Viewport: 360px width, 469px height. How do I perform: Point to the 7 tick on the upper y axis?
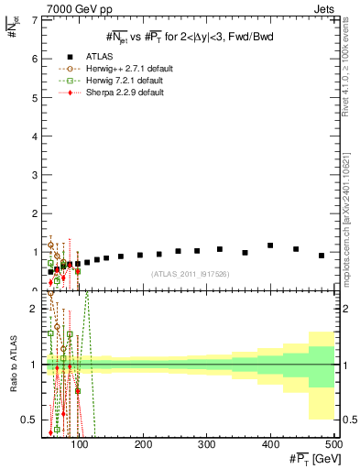point(32,19)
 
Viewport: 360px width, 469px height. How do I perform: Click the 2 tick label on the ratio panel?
point(32,309)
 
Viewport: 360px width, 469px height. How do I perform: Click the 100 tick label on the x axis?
point(81,444)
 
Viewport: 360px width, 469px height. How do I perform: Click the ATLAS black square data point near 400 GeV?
point(270,245)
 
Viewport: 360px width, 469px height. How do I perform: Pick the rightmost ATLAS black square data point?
point(322,256)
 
